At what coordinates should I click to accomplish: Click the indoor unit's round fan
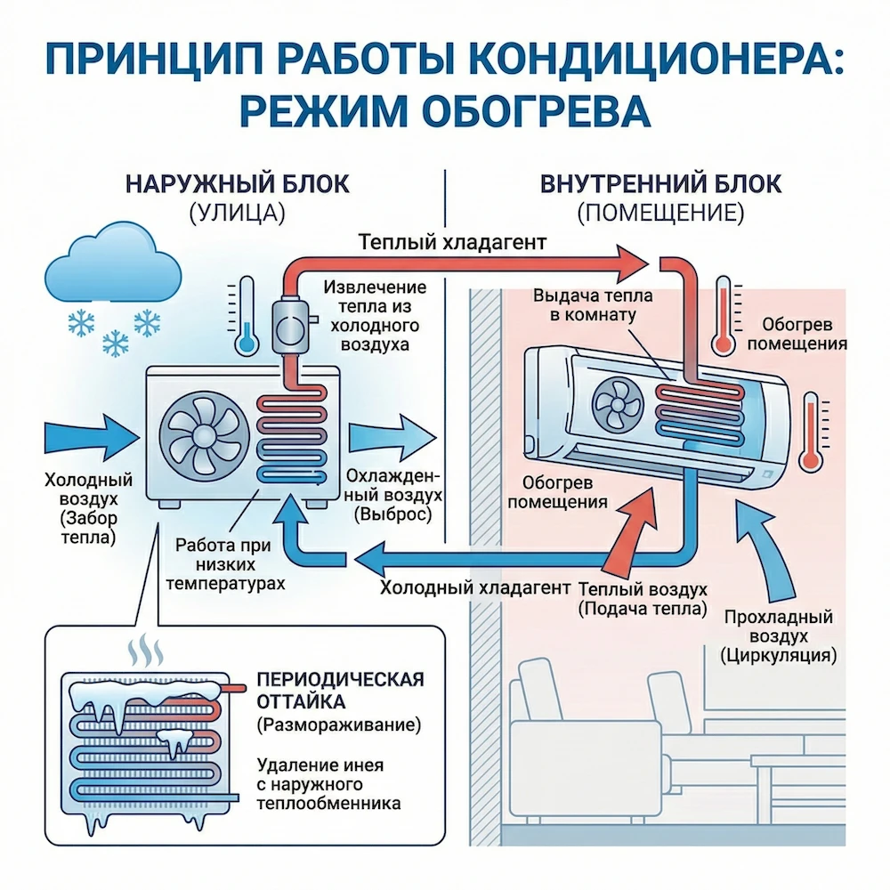[x=613, y=404]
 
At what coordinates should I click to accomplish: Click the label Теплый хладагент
[x=451, y=242]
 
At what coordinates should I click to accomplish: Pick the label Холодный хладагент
[x=473, y=588]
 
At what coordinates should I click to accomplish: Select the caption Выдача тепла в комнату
[x=582, y=305]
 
